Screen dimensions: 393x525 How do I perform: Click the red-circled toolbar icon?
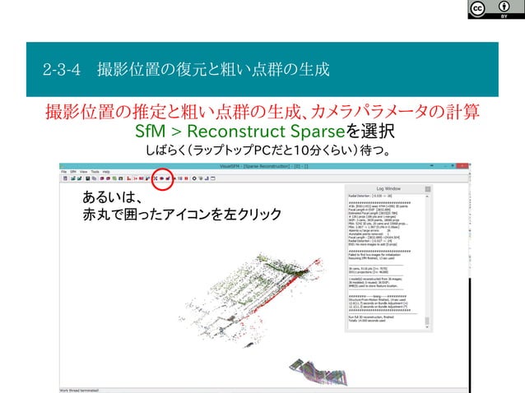pos(162,177)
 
